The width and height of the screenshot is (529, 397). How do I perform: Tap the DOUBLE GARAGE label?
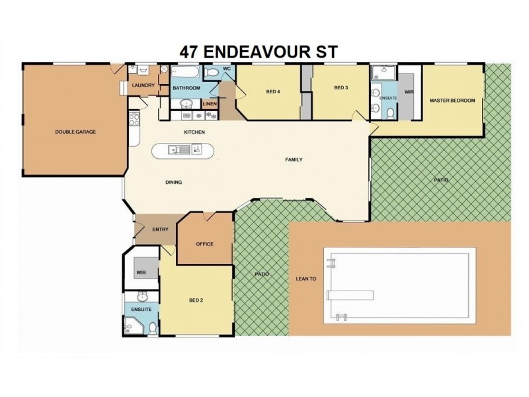(75, 132)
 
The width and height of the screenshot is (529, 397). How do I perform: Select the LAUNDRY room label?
(143, 85)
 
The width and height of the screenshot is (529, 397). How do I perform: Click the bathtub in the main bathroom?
(186, 72)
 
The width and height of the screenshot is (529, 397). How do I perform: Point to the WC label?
(226, 69)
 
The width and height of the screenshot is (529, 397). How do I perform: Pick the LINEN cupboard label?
(210, 104)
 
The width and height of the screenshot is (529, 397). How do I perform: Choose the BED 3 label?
(341, 88)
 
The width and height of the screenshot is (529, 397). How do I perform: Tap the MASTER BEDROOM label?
(452, 101)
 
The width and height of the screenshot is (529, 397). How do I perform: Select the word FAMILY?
(294, 160)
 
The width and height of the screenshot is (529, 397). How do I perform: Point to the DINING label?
(173, 183)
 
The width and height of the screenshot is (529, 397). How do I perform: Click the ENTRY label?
(160, 230)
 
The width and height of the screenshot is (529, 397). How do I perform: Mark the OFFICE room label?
(204, 244)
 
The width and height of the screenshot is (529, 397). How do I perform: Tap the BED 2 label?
(196, 300)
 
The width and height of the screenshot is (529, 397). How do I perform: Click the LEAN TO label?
(305, 279)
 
